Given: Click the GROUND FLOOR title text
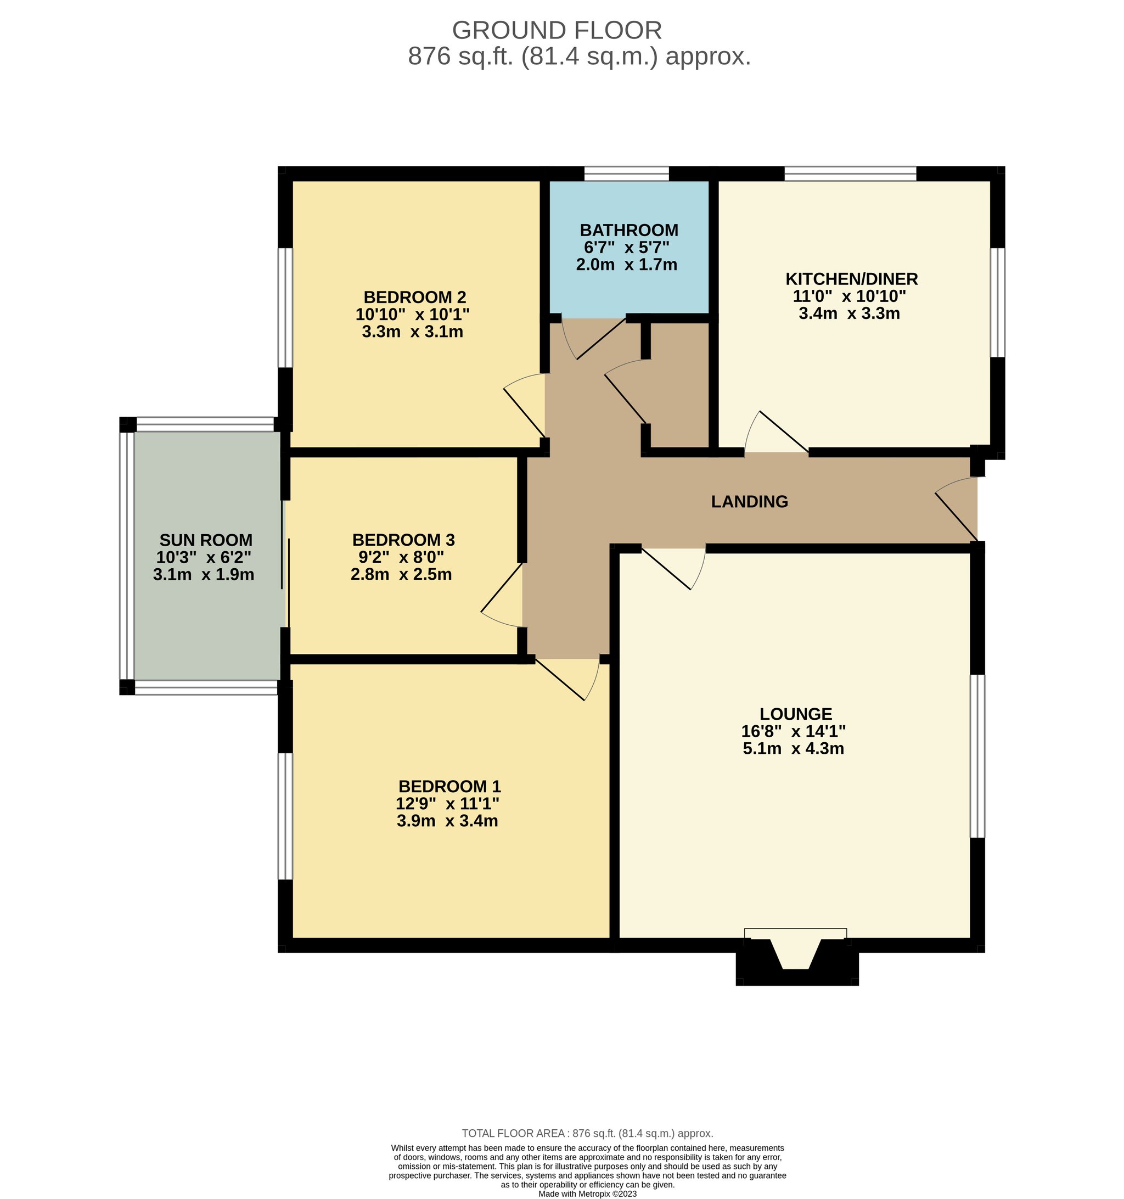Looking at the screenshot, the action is (x=557, y=30).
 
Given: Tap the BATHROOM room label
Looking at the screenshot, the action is (x=629, y=230).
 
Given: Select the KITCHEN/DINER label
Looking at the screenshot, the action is (x=851, y=279).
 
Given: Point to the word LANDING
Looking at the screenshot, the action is (x=750, y=501).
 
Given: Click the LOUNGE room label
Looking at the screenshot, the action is (x=795, y=714).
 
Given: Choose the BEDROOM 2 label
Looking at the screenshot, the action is (x=414, y=297).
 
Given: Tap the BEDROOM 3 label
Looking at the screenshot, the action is (x=403, y=539).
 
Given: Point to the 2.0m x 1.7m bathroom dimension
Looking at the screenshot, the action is (x=627, y=264).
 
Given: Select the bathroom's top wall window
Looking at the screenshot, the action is (x=627, y=173).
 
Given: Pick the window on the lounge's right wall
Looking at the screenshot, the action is (x=977, y=756).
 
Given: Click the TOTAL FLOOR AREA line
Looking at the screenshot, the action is (x=587, y=1133).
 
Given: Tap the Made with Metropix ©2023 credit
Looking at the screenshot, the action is (x=587, y=1194).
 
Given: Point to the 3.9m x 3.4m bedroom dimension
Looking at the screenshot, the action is (x=447, y=820).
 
